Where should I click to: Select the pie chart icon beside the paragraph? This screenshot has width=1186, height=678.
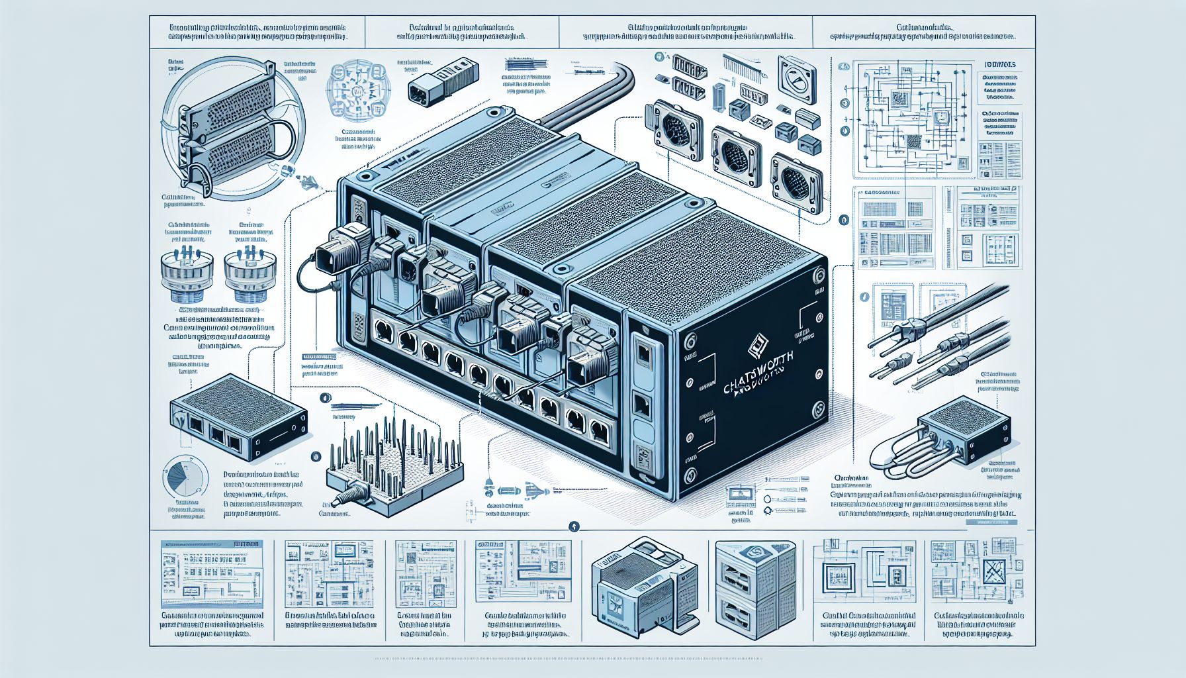tap(182, 475)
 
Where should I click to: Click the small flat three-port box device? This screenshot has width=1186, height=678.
tap(237, 417)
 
